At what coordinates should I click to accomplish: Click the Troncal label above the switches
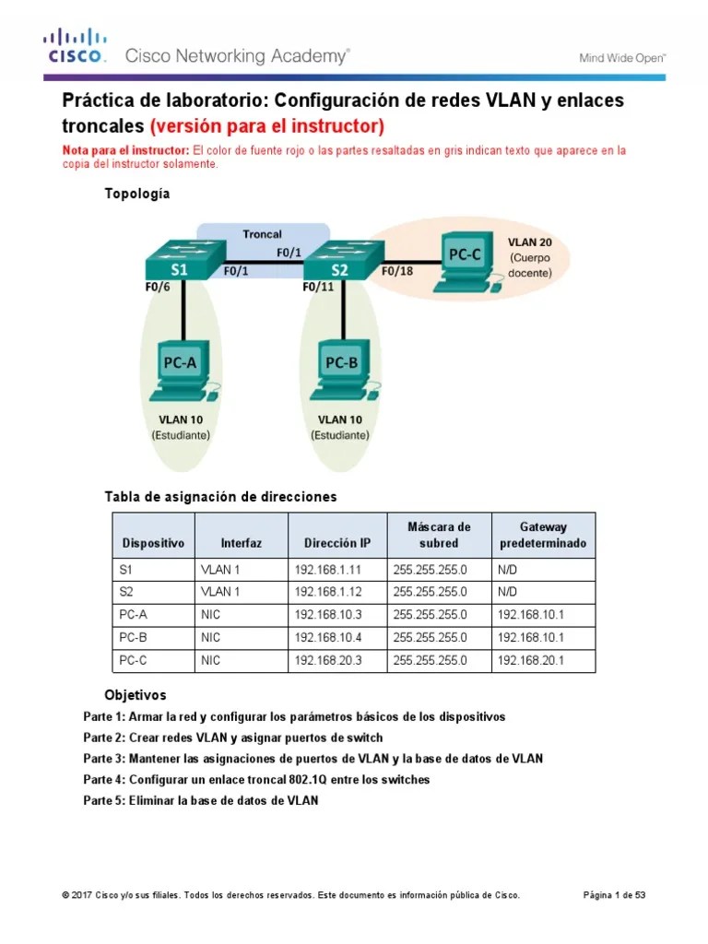coord(262,234)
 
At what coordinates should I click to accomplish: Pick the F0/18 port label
coord(396,271)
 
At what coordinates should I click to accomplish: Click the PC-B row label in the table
coord(135,638)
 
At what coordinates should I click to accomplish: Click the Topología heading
coord(137,195)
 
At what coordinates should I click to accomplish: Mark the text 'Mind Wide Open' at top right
coord(622,57)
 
